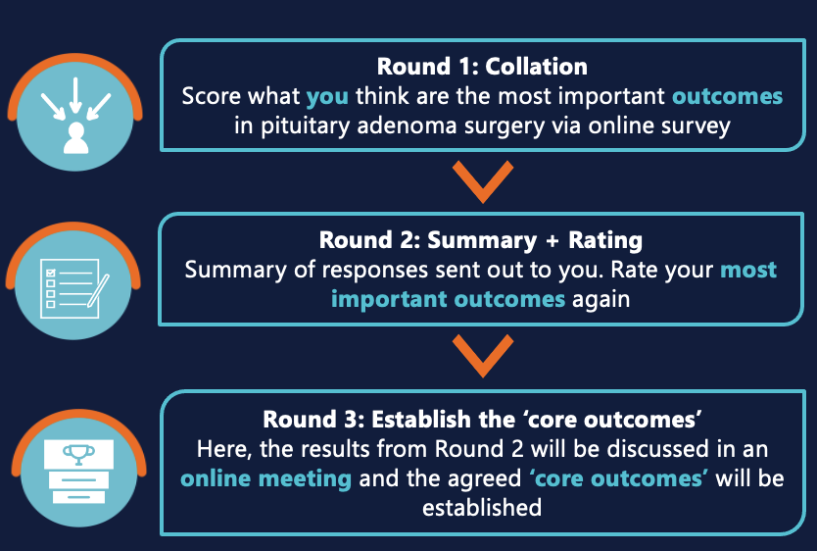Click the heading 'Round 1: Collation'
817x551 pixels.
[482, 68]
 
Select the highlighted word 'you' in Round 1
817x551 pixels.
[326, 96]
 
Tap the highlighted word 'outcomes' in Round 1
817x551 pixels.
[727, 96]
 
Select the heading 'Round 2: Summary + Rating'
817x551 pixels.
[481, 240]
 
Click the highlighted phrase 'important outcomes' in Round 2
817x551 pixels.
[448, 298]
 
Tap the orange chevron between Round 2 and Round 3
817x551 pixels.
[482, 357]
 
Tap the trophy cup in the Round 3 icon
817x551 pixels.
[73, 453]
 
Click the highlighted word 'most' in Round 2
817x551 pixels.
[748, 270]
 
